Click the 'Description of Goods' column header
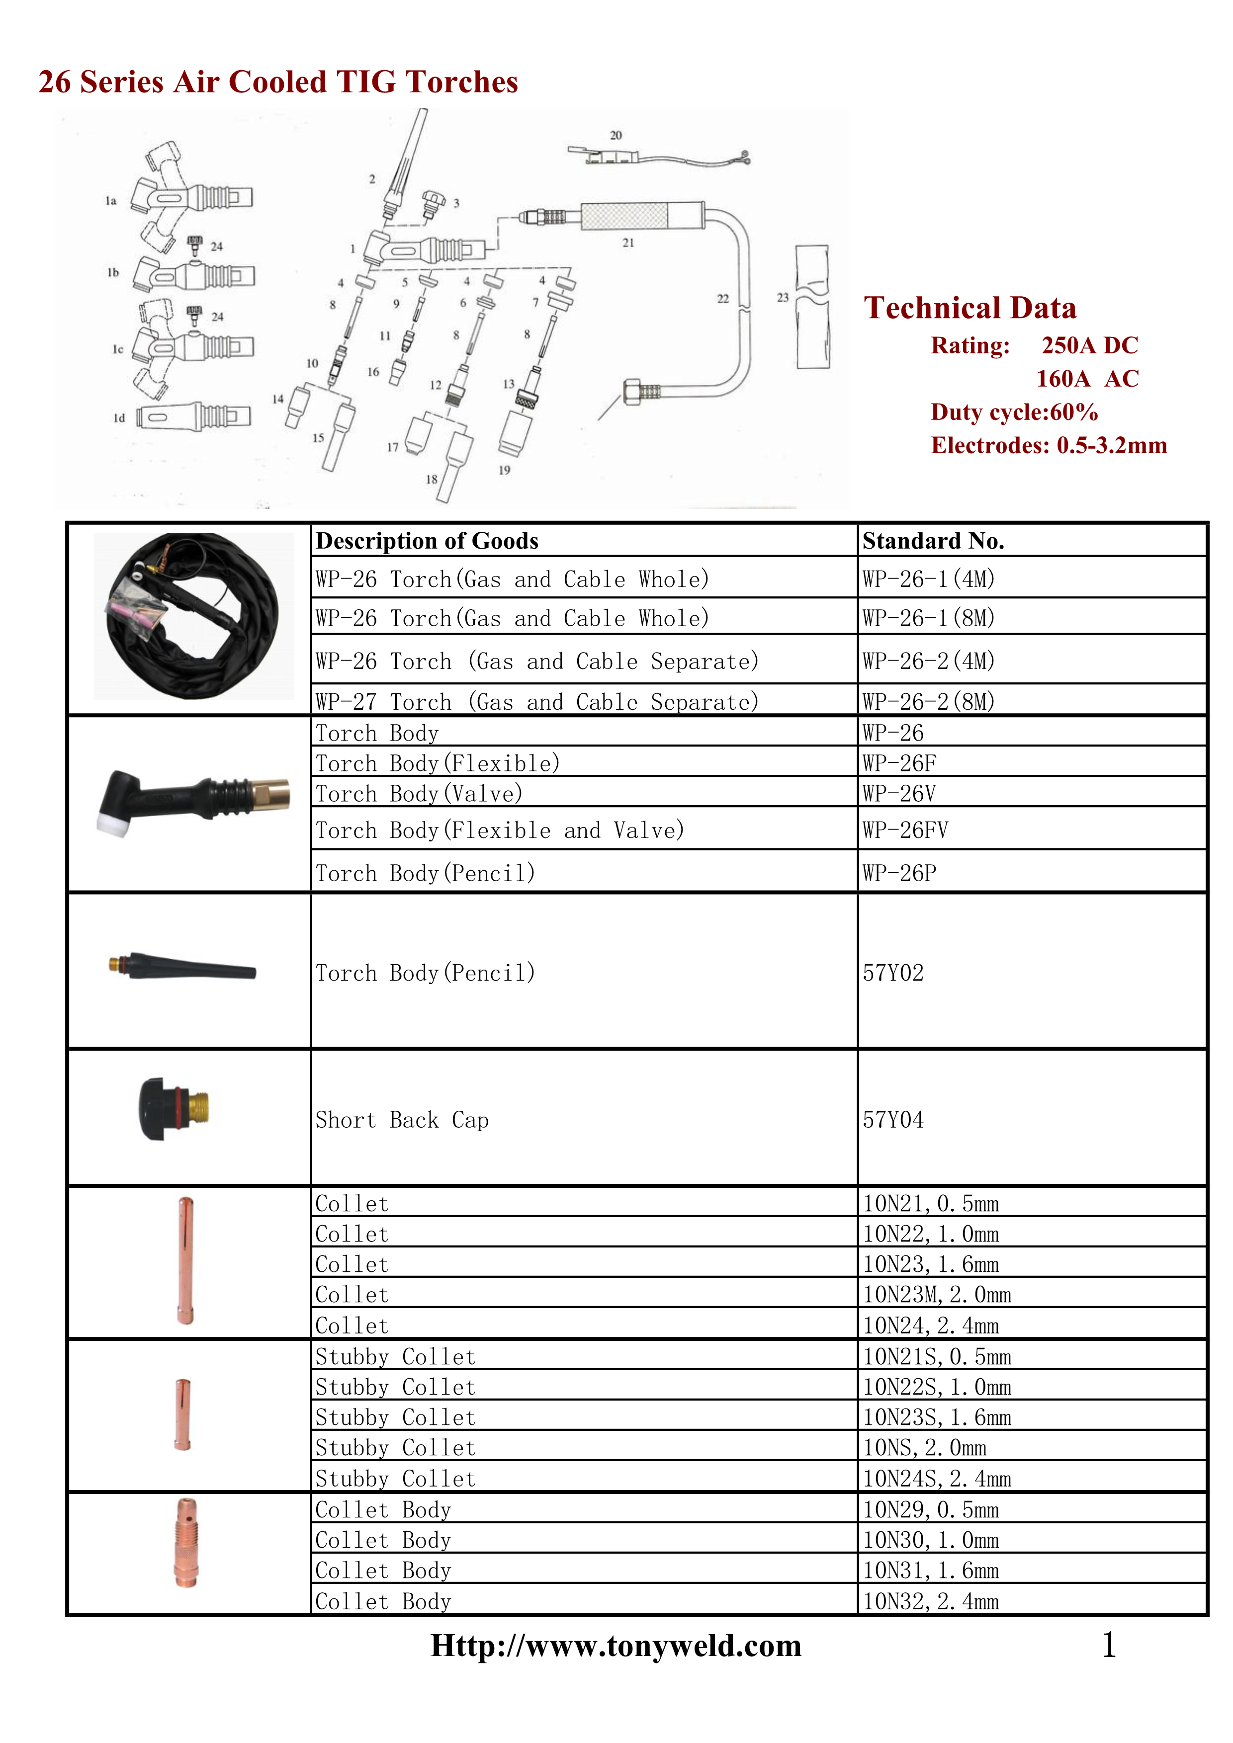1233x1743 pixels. [x=427, y=541]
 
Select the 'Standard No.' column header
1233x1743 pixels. [x=933, y=541]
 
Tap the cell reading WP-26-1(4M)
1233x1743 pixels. [x=928, y=579]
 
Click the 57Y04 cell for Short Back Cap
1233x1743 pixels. [x=893, y=1120]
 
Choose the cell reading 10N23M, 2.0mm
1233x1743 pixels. [x=936, y=1294]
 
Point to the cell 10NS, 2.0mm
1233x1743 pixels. [x=924, y=1448]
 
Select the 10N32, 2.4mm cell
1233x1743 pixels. [x=930, y=1601]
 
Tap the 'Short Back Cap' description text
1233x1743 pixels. [x=402, y=1120]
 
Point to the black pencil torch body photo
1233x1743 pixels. [x=182, y=966]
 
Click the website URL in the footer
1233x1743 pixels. [x=616, y=1646]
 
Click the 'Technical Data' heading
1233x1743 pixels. [x=969, y=308]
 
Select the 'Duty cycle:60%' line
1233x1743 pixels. [x=1014, y=412]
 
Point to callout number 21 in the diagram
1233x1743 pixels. [x=628, y=243]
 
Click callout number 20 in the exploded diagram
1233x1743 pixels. [x=616, y=135]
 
